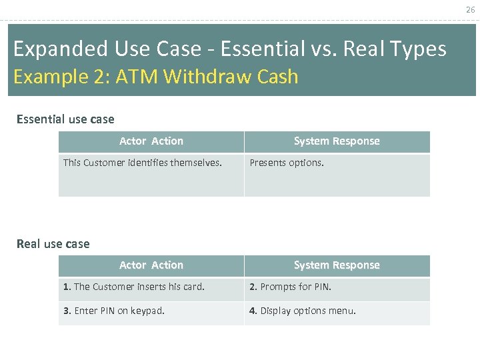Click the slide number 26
pyautogui.click(x=470, y=9)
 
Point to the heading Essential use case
pyautogui.click(x=65, y=119)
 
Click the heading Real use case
pyautogui.click(x=53, y=244)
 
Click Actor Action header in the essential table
pyautogui.click(x=151, y=141)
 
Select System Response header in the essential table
pyautogui.click(x=337, y=141)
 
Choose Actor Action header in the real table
pyautogui.click(x=151, y=265)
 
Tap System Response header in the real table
pyautogui.click(x=337, y=265)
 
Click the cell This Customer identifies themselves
pyautogui.click(x=143, y=163)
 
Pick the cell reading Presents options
pyautogui.click(x=287, y=163)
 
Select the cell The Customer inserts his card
pyautogui.click(x=134, y=287)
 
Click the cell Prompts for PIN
pyautogui.click(x=291, y=287)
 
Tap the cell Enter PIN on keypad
pyautogui.click(x=114, y=311)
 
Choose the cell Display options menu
pyautogui.click(x=303, y=311)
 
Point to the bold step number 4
pyautogui.click(x=253, y=311)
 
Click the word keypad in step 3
pyautogui.click(x=147, y=311)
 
